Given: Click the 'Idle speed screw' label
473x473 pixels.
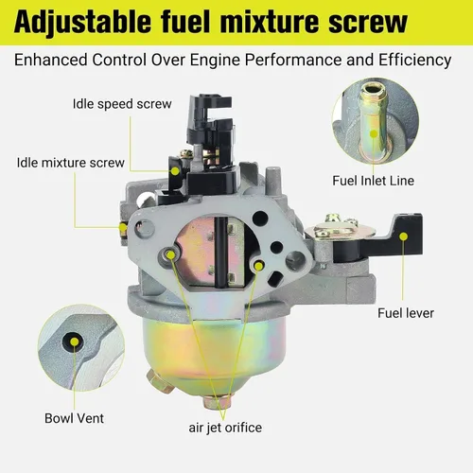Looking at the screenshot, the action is tap(122, 104).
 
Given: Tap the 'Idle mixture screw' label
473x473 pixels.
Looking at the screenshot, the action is tap(71, 163).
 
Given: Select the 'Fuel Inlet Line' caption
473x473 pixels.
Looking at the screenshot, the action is tap(374, 181).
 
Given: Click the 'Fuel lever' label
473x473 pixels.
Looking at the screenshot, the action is tap(406, 313).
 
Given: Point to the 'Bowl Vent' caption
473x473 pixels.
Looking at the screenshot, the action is tap(74, 418).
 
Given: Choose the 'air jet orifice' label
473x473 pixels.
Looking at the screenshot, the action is tap(225, 428).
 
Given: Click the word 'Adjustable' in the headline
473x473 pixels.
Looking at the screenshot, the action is tap(82, 22).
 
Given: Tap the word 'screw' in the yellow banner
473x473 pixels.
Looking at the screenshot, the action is tap(368, 23).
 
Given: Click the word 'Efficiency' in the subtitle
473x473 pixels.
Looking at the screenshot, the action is tap(415, 60).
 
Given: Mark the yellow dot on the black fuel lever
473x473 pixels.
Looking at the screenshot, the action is tap(404, 236).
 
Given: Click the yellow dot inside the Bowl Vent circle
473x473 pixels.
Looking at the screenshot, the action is tap(75, 342).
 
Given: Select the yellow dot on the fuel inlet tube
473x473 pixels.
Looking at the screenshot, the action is tap(374, 133).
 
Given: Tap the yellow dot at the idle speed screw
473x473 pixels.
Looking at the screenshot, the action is tap(175, 171).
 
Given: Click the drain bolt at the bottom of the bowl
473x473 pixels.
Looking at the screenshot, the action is tap(217, 401).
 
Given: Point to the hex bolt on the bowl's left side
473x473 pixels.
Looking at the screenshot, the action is tap(159, 381).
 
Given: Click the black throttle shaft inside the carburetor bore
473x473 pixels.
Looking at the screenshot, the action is tap(221, 252).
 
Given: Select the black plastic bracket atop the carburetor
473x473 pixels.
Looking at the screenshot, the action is tap(211, 146).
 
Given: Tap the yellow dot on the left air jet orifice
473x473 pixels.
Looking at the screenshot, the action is tap(170, 254).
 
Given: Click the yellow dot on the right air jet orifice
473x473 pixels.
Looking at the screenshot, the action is tap(258, 267).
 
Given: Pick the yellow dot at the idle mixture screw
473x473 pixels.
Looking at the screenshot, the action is tap(123, 227).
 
